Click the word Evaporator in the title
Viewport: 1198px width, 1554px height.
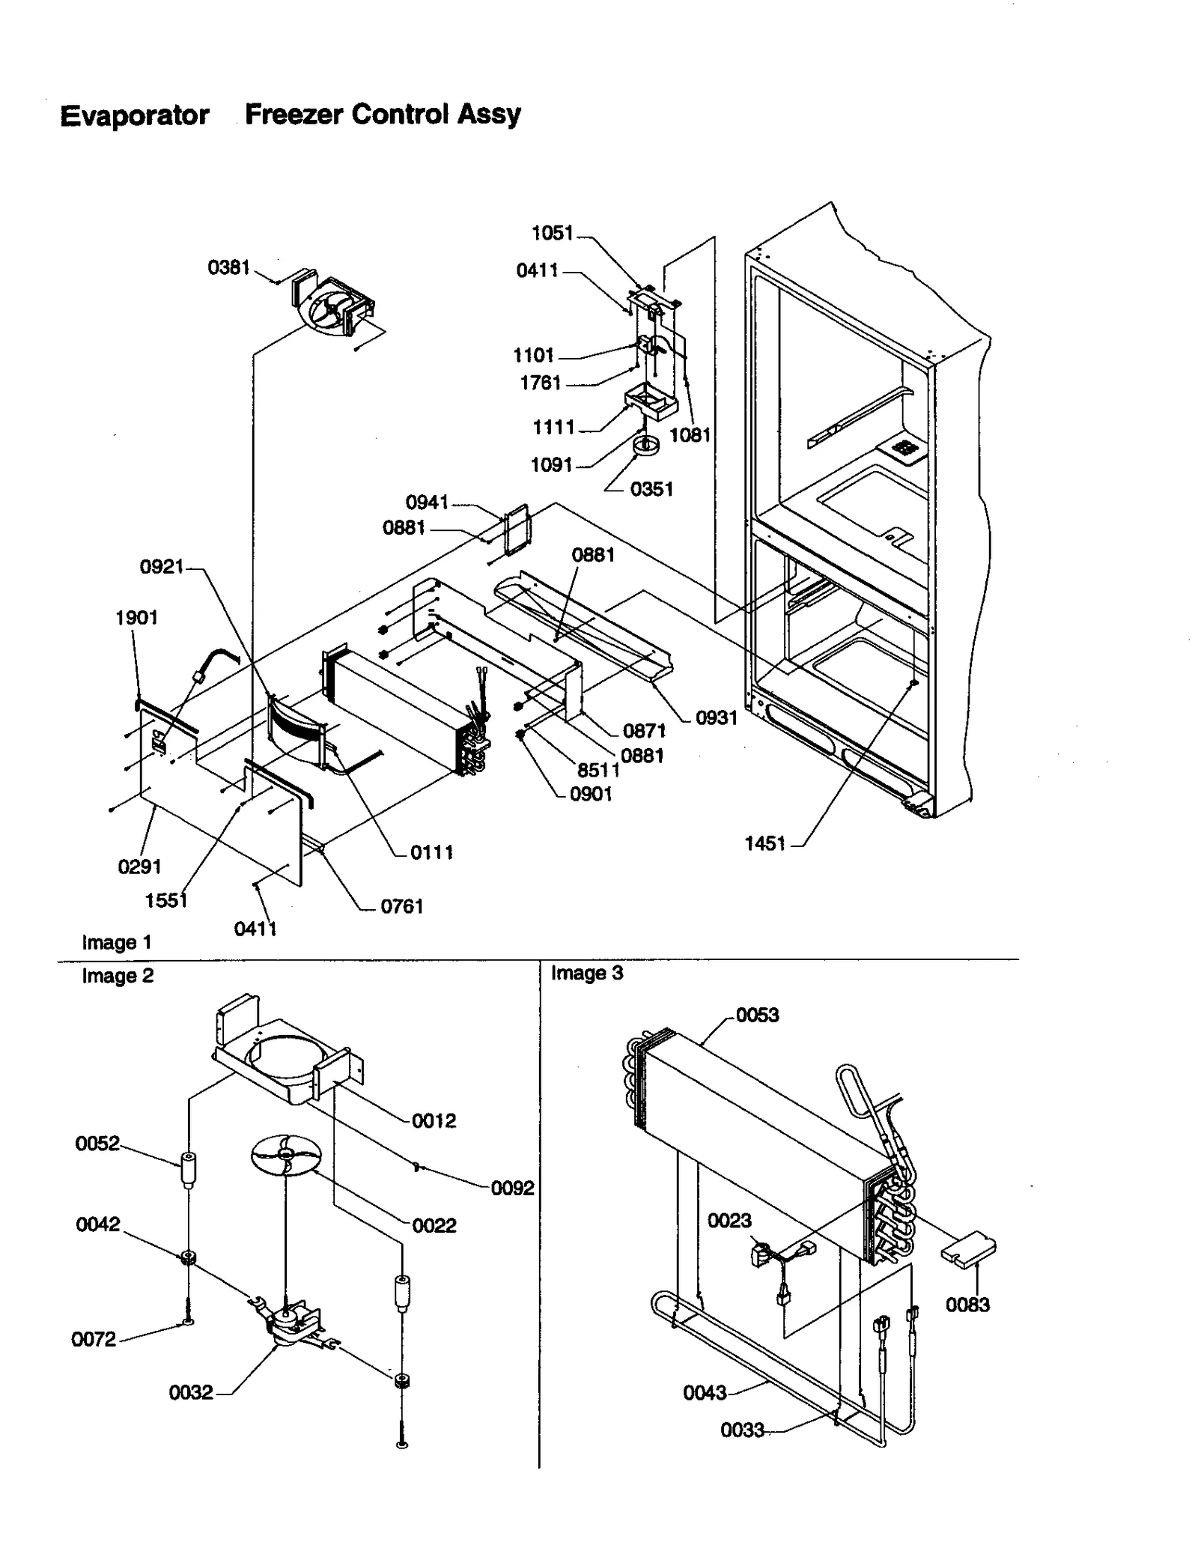135,116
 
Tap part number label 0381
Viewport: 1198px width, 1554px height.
228,267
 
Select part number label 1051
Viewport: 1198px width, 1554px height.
552,233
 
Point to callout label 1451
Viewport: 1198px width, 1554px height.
764,843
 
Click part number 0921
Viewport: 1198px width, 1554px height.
162,567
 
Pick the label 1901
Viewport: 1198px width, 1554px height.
136,618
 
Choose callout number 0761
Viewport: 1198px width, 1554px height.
402,906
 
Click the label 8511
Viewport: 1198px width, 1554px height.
598,770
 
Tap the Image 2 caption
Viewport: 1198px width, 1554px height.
118,976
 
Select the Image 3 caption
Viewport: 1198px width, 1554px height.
587,973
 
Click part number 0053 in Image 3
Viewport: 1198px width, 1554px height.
757,1015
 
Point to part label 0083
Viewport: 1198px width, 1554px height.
967,1305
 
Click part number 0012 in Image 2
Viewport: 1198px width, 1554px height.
434,1120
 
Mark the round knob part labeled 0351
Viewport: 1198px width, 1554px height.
645,447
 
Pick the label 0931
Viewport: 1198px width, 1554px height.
717,717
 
